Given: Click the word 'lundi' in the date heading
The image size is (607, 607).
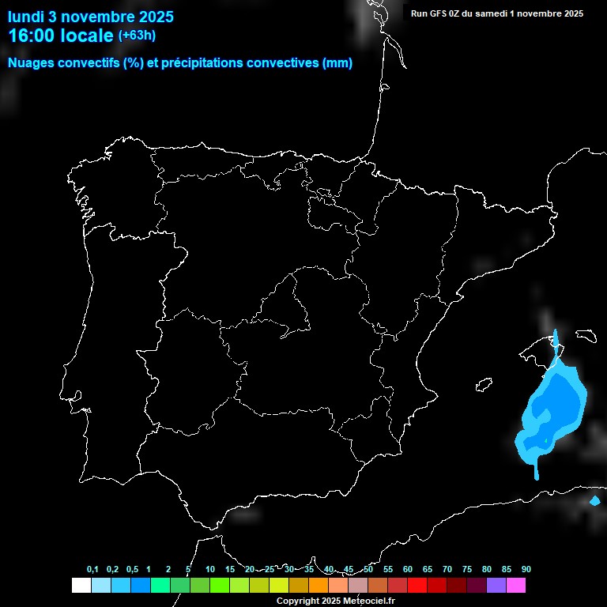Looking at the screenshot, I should tap(26, 17).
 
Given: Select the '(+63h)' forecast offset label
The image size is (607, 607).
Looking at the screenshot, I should tap(137, 35).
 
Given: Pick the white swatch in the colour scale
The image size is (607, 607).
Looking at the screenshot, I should tap(81, 585).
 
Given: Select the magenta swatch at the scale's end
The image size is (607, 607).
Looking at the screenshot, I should tap(515, 585).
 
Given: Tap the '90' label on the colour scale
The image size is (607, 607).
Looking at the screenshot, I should tap(526, 570).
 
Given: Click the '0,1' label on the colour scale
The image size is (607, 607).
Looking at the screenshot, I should tap(92, 570).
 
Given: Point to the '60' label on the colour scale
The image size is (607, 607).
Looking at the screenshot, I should tap(407, 570).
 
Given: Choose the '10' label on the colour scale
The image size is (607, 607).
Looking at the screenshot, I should tap(209, 570).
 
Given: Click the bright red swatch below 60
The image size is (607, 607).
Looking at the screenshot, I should tap(417, 585).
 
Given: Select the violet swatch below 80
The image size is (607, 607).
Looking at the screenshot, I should tap(496, 585).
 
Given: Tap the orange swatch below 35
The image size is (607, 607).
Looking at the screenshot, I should tap(318, 585).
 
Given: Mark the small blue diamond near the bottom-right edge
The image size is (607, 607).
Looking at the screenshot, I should tap(595, 500).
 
